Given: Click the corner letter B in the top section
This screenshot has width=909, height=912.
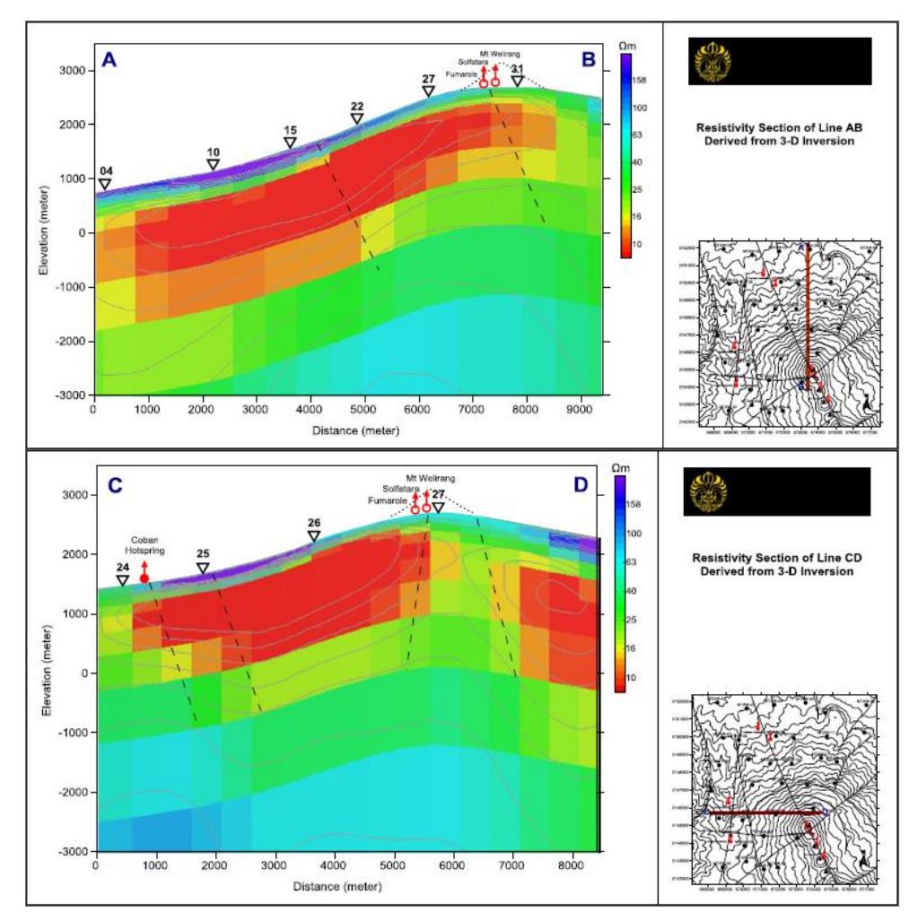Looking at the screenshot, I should [589, 61].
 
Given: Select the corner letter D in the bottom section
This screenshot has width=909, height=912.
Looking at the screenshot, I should [581, 486].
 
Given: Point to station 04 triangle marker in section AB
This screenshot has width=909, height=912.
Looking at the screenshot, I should [105, 185].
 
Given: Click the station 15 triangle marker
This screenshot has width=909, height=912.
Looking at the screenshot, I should [290, 143].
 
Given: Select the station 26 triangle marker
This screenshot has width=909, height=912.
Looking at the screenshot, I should [314, 536].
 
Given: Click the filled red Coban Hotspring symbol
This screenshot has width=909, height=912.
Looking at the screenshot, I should [144, 578].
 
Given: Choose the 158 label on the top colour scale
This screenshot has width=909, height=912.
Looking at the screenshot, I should [640, 80].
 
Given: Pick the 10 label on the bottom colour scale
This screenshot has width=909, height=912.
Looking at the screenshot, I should [633, 677].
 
